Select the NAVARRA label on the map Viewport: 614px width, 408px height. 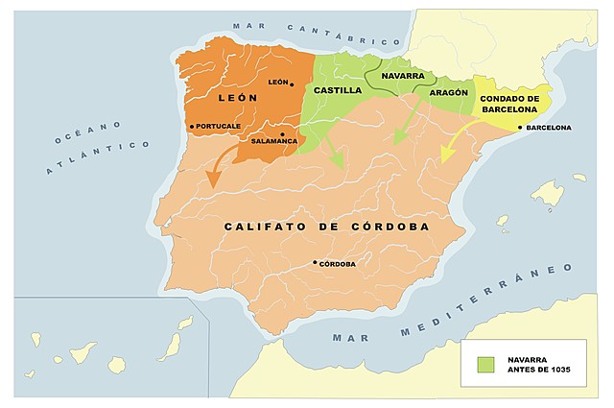point(402,74)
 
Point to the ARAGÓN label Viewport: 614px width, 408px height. point(449,93)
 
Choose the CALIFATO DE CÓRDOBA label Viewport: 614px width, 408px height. point(326,227)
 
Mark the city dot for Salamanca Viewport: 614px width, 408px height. point(282,133)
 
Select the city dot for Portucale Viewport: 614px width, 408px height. point(192,126)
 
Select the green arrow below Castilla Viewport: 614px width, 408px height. point(332,150)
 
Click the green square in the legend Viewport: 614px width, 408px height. point(486,364)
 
